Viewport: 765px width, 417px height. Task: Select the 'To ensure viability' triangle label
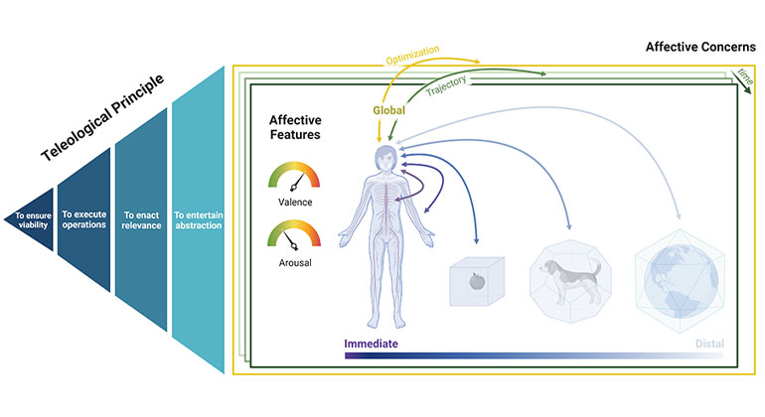[x=31, y=215]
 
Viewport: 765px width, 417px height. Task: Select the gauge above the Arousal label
[x=295, y=237]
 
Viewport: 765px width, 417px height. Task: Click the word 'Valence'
[x=295, y=204]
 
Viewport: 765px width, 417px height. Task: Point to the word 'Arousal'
[x=295, y=263]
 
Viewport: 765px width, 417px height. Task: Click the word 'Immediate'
[x=371, y=343]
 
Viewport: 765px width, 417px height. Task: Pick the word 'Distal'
[x=708, y=343]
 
